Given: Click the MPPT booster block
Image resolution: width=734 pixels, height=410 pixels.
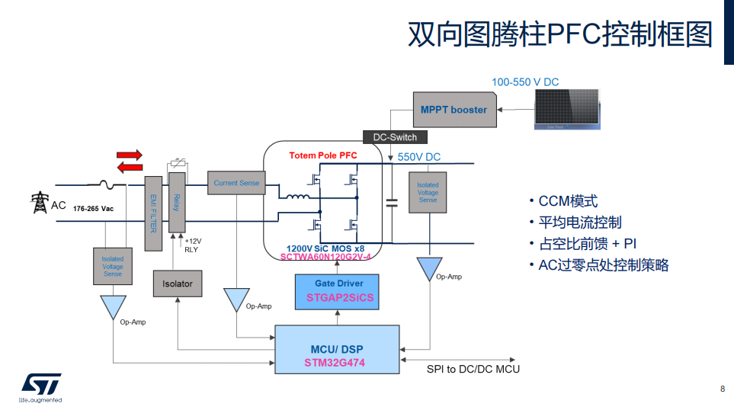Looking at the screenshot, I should [454, 110].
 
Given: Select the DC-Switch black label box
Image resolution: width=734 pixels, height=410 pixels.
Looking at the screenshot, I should [395, 137].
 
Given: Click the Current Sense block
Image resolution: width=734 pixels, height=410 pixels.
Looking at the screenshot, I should [236, 183].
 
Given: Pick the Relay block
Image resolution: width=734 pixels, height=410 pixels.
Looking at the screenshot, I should [176, 203].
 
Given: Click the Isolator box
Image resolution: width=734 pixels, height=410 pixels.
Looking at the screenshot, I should [178, 283].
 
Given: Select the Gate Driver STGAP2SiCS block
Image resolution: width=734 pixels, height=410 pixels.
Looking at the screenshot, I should [340, 291].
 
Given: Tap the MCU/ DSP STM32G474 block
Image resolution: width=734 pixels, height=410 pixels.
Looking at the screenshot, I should [337, 349].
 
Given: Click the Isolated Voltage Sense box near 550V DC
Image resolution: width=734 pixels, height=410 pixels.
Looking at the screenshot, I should [428, 192].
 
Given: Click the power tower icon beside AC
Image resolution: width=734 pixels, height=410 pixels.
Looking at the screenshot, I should [38, 203].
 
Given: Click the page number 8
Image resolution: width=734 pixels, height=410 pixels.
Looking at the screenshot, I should [722, 389].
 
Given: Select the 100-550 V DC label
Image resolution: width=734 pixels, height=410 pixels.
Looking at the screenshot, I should [524, 82].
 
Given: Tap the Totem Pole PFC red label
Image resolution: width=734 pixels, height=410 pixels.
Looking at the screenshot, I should [322, 155].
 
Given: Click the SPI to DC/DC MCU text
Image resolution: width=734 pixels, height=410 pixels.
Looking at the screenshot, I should [473, 369].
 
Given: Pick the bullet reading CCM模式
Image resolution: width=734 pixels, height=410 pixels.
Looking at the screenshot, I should [563, 201].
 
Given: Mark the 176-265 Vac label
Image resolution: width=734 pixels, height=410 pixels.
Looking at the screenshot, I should [93, 208].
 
